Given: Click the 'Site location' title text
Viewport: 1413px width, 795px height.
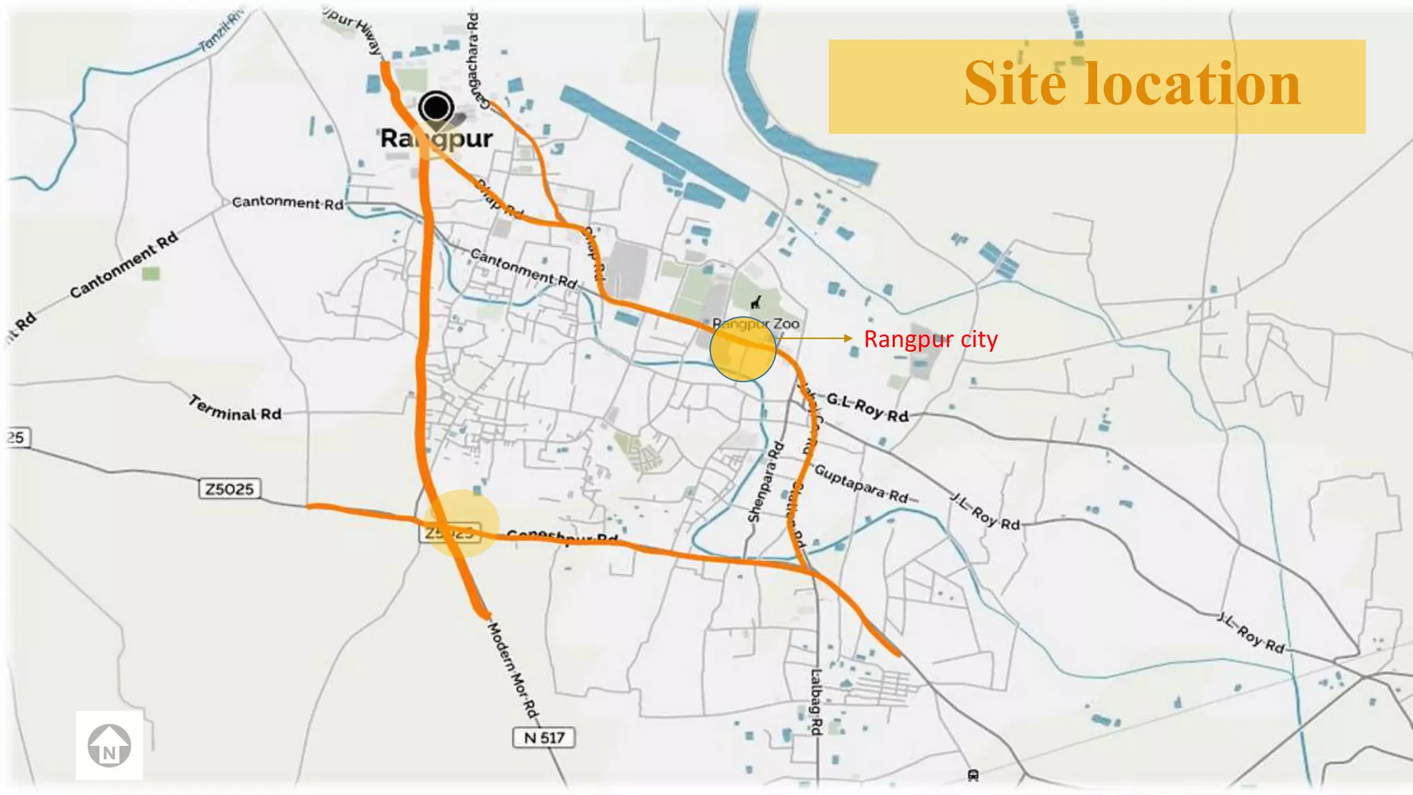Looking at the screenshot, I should tap(1132, 84).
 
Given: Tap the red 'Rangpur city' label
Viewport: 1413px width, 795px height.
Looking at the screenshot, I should tap(930, 340).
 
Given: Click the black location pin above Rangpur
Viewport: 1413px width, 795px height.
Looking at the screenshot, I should tap(436, 109).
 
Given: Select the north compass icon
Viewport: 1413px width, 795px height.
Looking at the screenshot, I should tap(109, 745).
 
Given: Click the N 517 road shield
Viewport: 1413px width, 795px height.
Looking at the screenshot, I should tap(544, 738).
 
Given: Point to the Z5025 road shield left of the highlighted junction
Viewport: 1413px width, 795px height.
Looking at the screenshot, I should tap(230, 489).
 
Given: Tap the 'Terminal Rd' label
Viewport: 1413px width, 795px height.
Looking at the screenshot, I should tap(235, 409).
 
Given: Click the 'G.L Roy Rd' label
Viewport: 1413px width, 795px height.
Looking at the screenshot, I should tap(867, 408).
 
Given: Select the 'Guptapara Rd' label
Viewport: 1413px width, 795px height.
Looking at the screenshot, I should tap(861, 484).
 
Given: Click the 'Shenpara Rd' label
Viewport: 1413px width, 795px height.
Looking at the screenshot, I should tap(765, 482).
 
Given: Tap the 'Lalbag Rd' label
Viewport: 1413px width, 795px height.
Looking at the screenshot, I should tap(816, 702).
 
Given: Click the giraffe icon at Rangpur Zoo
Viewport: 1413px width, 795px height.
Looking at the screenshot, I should tap(757, 302).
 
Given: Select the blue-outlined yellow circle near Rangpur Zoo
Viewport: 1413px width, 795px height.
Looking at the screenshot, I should tap(742, 349).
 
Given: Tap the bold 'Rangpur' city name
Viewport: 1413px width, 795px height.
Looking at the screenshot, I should tap(436, 139).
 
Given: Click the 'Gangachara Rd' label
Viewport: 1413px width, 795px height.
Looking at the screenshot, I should tap(474, 61).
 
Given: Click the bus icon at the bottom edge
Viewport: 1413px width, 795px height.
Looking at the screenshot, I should tap(973, 776).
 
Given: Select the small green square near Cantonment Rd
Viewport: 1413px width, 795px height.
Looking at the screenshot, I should tap(150, 273).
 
